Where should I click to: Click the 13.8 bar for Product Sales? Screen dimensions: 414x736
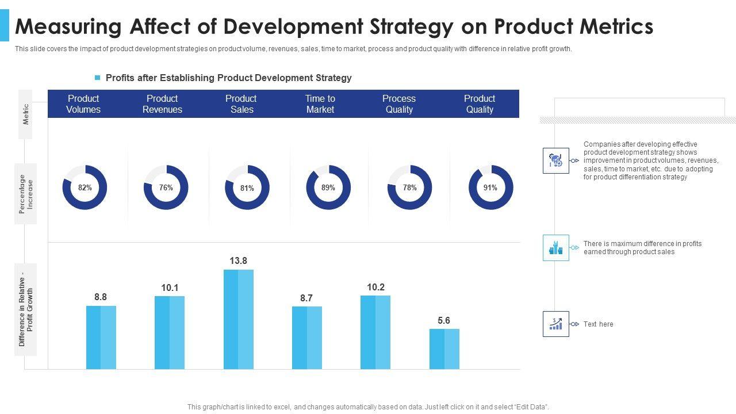238,319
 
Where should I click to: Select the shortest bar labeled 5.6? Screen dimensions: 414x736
444,349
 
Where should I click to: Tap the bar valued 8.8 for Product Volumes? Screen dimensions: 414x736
101,338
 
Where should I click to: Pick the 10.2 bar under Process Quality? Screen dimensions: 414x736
375,332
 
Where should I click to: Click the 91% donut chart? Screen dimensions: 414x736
490,187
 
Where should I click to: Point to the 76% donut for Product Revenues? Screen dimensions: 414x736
166,187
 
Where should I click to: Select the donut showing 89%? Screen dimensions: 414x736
328,187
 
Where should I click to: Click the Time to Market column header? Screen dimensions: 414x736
320,104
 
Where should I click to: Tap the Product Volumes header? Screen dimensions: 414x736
83,104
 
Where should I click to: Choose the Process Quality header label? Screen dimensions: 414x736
399,104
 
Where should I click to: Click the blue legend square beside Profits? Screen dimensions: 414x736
98,78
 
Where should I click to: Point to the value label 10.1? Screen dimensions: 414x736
170,287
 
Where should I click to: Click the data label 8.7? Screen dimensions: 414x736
306,298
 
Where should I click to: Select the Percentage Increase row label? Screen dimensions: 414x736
26,194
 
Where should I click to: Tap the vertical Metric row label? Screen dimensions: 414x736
26,114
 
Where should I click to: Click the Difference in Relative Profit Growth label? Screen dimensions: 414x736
26,309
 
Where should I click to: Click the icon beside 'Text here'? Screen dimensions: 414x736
555,324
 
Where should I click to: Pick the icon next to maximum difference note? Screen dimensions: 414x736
555,248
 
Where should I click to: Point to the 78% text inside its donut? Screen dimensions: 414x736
410,187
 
